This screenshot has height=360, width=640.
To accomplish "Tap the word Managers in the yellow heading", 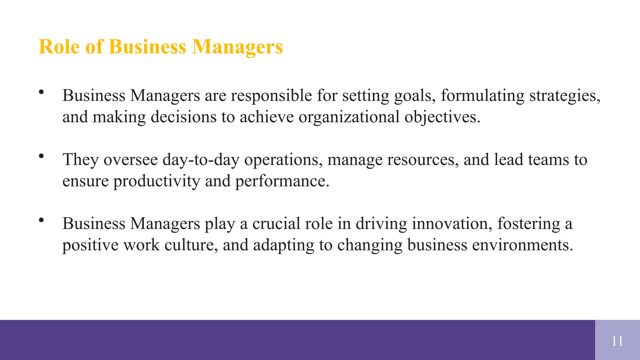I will coord(237,47).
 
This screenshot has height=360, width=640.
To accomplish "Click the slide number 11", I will coord(617,341).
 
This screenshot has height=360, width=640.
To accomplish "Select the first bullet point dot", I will coord(41,92).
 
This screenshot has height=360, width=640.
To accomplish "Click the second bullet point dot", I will coord(41,156).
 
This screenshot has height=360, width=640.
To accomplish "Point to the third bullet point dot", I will coord(41,220).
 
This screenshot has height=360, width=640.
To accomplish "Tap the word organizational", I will coord(349,117).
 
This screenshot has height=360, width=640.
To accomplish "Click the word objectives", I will coord(442,117).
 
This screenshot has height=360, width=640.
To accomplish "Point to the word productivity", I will coord(157,181).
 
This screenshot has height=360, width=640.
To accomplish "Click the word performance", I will coord(282,181).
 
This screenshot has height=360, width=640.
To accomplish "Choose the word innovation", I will coord(452,224).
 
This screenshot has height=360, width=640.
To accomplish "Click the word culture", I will coord(191,245).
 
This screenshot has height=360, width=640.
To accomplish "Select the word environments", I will coord(522,245).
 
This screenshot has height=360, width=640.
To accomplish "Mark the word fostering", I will coord(528,224).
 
